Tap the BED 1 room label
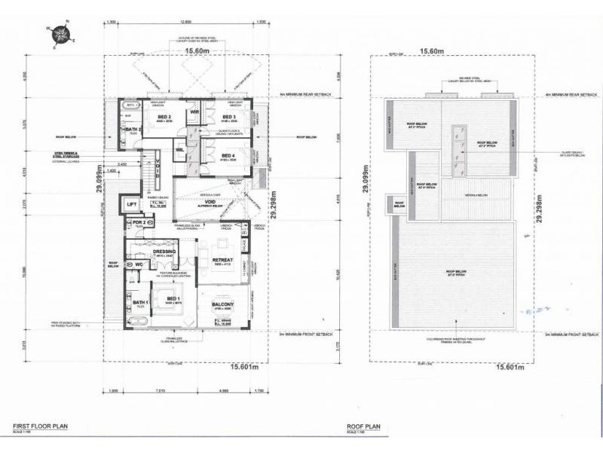[x=173, y=297]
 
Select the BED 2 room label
[x=165, y=117]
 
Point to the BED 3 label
[x=230, y=117]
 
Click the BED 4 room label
[x=229, y=154]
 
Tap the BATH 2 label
[x=134, y=130]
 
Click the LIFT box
[x=131, y=203]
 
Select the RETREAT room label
[x=225, y=259]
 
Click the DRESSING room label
[x=165, y=252]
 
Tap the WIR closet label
[x=194, y=113]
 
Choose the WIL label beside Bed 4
[x=181, y=149]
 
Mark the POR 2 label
[x=137, y=223]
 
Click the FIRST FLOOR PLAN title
[x=39, y=426]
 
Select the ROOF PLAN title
[x=363, y=426]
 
